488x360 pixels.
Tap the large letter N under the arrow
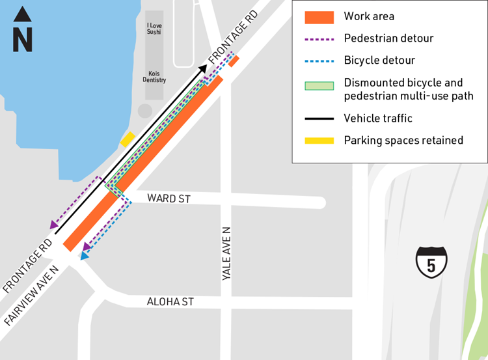pyautogui.click(x=23, y=40)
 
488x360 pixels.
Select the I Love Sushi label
pyautogui.click(x=154, y=27)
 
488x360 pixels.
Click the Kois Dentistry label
pyautogui.click(x=154, y=76)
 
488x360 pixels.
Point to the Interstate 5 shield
pyautogui.click(x=431, y=262)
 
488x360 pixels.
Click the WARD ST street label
pyautogui.click(x=169, y=198)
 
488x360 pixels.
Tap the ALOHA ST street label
pyautogui.click(x=170, y=302)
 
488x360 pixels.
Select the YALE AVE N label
pyautogui.click(x=226, y=254)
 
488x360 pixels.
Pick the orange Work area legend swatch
pyautogui.click(x=320, y=17)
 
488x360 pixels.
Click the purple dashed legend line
pyautogui.click(x=320, y=38)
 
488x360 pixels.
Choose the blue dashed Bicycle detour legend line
pyautogui.click(x=320, y=61)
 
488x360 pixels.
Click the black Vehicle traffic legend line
pyautogui.click(x=320, y=118)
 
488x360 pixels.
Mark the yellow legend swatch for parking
pyautogui.click(x=320, y=140)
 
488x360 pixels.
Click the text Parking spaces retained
pyautogui.click(x=403, y=140)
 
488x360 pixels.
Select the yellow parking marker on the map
pyautogui.click(x=127, y=139)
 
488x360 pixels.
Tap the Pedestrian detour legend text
pyautogui.click(x=388, y=38)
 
